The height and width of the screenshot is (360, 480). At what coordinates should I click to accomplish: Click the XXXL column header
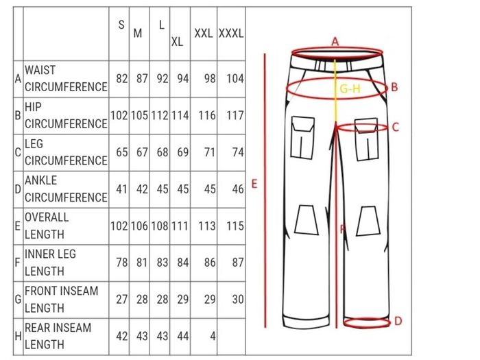pos(231,33)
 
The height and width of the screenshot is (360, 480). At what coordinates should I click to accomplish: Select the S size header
pos(121,25)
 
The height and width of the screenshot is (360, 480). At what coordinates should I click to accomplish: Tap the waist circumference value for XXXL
pos(235,79)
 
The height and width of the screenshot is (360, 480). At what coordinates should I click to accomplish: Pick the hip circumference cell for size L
pos(160,115)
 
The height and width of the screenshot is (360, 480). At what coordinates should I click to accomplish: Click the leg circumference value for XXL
pos(210,152)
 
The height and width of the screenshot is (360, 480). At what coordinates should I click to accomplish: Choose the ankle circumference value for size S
pos(122,189)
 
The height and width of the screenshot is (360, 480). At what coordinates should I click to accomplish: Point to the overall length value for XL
pos(180,226)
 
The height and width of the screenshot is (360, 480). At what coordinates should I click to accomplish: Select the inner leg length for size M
pos(142,263)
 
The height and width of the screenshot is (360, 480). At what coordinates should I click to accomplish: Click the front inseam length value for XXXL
pos(238,299)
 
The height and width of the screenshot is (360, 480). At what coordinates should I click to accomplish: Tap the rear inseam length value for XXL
pos(213,336)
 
